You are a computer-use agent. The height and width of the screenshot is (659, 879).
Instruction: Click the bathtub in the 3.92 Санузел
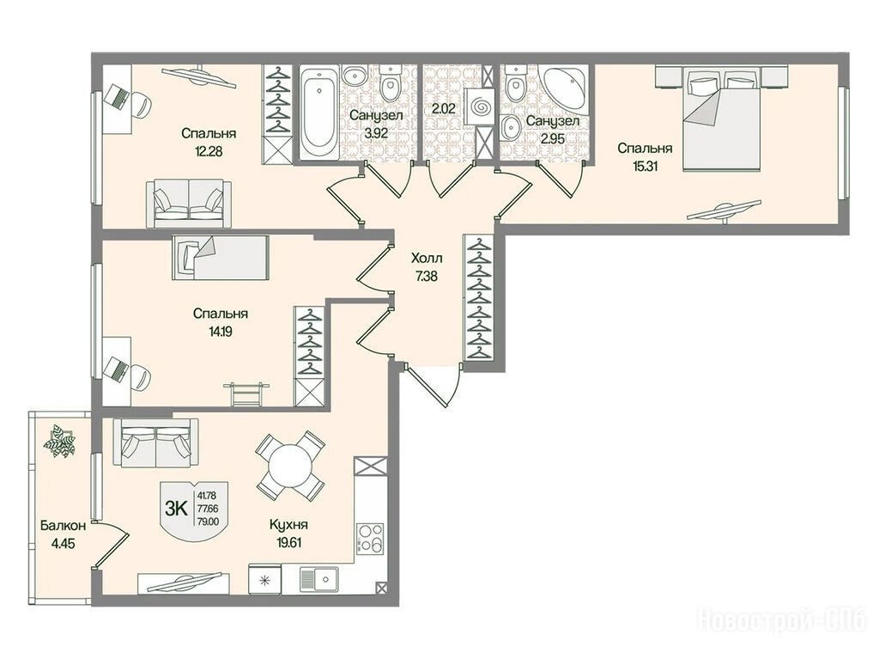point(318,113)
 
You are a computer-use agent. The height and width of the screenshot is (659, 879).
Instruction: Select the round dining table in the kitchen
point(290,466)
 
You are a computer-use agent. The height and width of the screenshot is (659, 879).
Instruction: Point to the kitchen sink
point(318,579)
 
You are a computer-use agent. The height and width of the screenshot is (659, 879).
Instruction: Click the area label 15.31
point(645,166)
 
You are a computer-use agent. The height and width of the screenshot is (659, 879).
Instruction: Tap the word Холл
point(427,259)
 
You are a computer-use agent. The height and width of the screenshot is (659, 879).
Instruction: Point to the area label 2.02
point(443,109)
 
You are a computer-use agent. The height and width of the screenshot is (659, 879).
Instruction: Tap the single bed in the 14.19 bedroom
point(221,257)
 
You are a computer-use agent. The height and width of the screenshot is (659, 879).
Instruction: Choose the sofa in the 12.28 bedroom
point(188,204)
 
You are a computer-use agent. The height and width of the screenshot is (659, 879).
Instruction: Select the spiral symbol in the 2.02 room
point(481,107)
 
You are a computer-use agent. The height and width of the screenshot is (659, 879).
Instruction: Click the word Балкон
point(63,526)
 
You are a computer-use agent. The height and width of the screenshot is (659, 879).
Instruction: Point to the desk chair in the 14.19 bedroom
point(138,377)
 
